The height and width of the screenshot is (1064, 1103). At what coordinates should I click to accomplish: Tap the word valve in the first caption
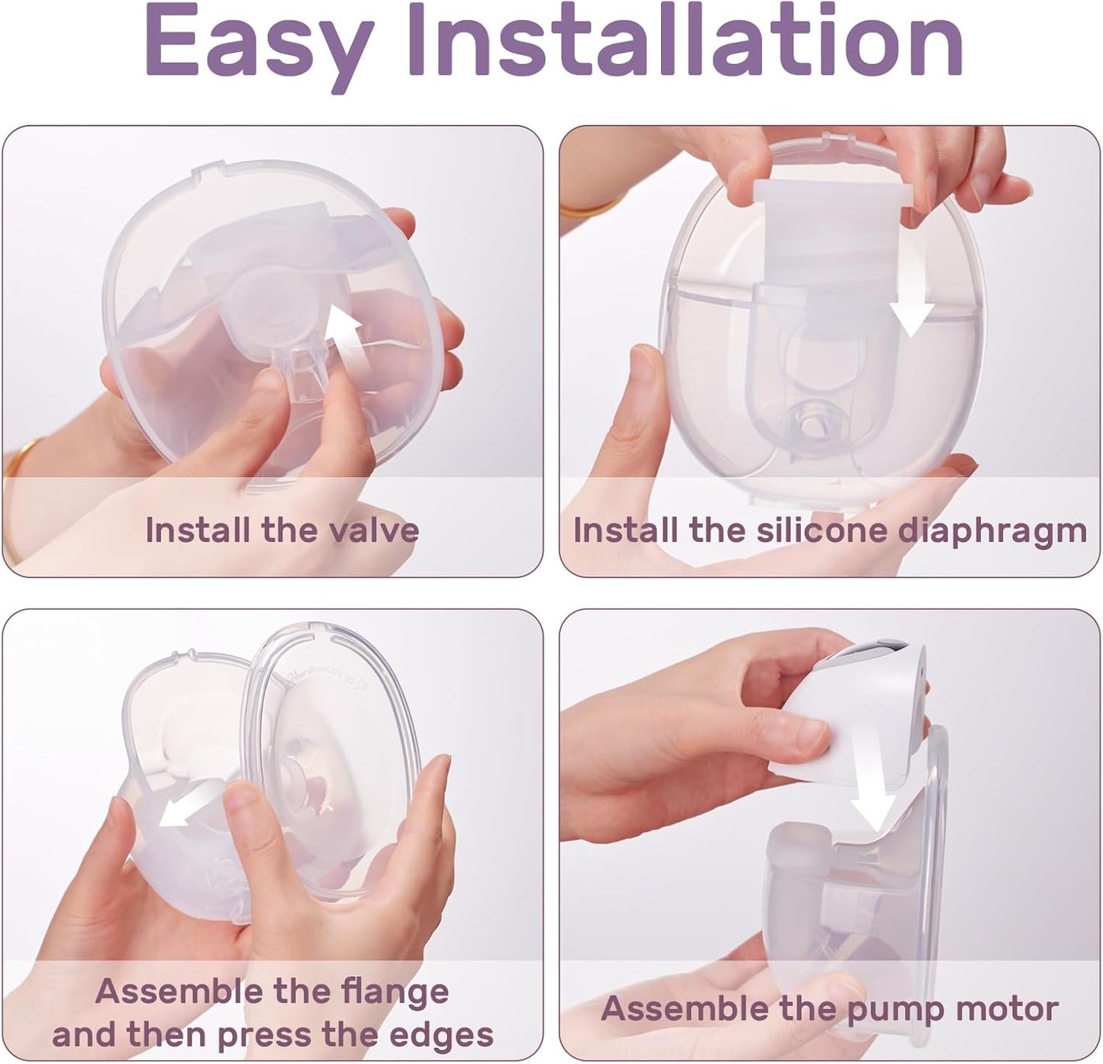coord(373,530)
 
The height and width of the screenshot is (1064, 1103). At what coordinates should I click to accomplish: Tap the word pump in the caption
coord(896,1010)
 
